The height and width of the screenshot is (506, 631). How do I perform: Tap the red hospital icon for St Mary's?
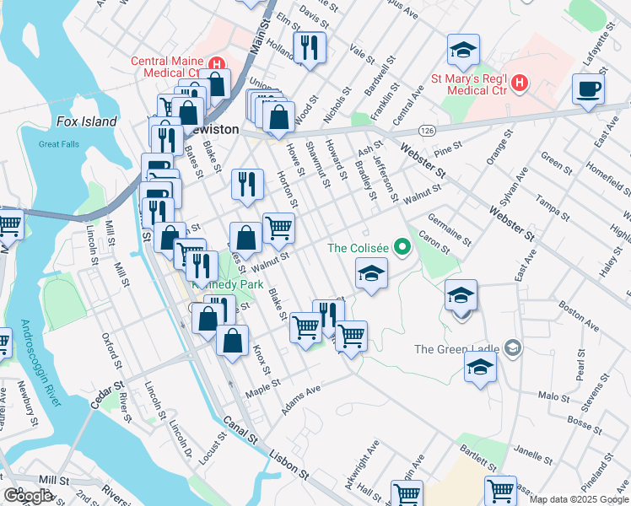pos(520,82)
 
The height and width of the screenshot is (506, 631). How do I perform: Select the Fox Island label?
pos(86,121)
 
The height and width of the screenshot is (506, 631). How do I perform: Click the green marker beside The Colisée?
pos(402,248)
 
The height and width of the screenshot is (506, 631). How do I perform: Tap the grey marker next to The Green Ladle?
pos(512,348)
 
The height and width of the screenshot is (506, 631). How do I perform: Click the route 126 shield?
pos(428,131)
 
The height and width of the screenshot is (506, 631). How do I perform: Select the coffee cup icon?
pos(588,88)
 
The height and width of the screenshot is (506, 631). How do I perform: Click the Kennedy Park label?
pos(218,285)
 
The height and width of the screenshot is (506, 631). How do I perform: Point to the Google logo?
pos(28,496)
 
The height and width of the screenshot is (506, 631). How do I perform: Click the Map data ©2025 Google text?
pos(579,499)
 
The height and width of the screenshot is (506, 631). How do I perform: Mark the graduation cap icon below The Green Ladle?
pos(480,367)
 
